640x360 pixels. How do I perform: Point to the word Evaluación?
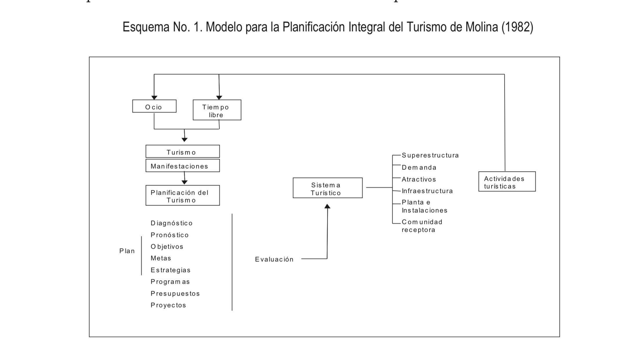pyautogui.click(x=274, y=259)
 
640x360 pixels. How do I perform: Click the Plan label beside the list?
pyautogui.click(x=127, y=251)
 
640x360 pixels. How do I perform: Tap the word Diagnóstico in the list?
pyautogui.click(x=172, y=223)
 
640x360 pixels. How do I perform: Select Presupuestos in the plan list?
pyautogui.click(x=175, y=294)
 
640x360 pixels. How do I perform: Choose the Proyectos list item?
pyautogui.click(x=168, y=305)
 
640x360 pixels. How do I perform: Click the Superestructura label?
pyautogui.click(x=430, y=155)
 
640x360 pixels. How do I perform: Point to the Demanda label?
pyautogui.click(x=419, y=168)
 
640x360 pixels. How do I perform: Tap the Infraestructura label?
pyautogui.click(x=427, y=191)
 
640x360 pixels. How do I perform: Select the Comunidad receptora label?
pyautogui.click(x=422, y=226)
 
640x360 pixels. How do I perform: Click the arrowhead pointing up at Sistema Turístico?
pyautogui.click(x=327, y=206)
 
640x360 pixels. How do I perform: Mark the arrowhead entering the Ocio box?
pyautogui.click(x=154, y=98)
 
